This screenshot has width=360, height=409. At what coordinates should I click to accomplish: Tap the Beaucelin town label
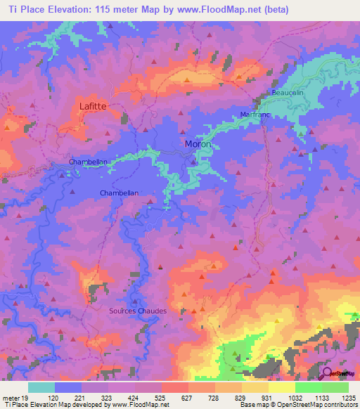tap(288, 93)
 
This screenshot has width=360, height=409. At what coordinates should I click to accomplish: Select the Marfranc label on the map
tap(255, 114)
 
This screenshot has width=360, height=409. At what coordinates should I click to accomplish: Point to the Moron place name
tap(198, 144)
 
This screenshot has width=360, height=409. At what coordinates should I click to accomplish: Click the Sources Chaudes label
tap(138, 311)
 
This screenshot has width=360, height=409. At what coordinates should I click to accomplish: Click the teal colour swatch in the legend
tap(41, 387)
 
